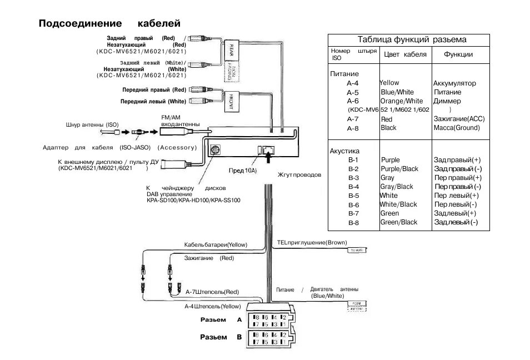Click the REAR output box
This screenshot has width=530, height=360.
click(x=231, y=51)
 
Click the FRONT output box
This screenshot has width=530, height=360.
click(x=231, y=98)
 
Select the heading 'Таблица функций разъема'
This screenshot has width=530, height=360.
click(x=412, y=39)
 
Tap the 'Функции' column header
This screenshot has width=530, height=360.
click(x=458, y=54)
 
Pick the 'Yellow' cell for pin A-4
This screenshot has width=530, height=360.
click(x=389, y=83)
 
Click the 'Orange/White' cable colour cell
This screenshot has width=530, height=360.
click(x=401, y=101)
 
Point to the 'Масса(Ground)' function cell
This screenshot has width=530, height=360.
click(x=456, y=128)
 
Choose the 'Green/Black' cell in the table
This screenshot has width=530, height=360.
click(x=398, y=222)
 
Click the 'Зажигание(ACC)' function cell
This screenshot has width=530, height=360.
click(x=459, y=119)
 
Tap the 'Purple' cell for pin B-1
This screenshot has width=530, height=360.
click(x=390, y=160)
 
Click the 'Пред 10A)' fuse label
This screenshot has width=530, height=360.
click(x=243, y=171)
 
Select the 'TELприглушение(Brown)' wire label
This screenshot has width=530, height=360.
click(x=312, y=243)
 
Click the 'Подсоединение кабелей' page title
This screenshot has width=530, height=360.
click(x=109, y=23)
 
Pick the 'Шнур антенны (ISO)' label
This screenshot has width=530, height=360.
click(x=92, y=126)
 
